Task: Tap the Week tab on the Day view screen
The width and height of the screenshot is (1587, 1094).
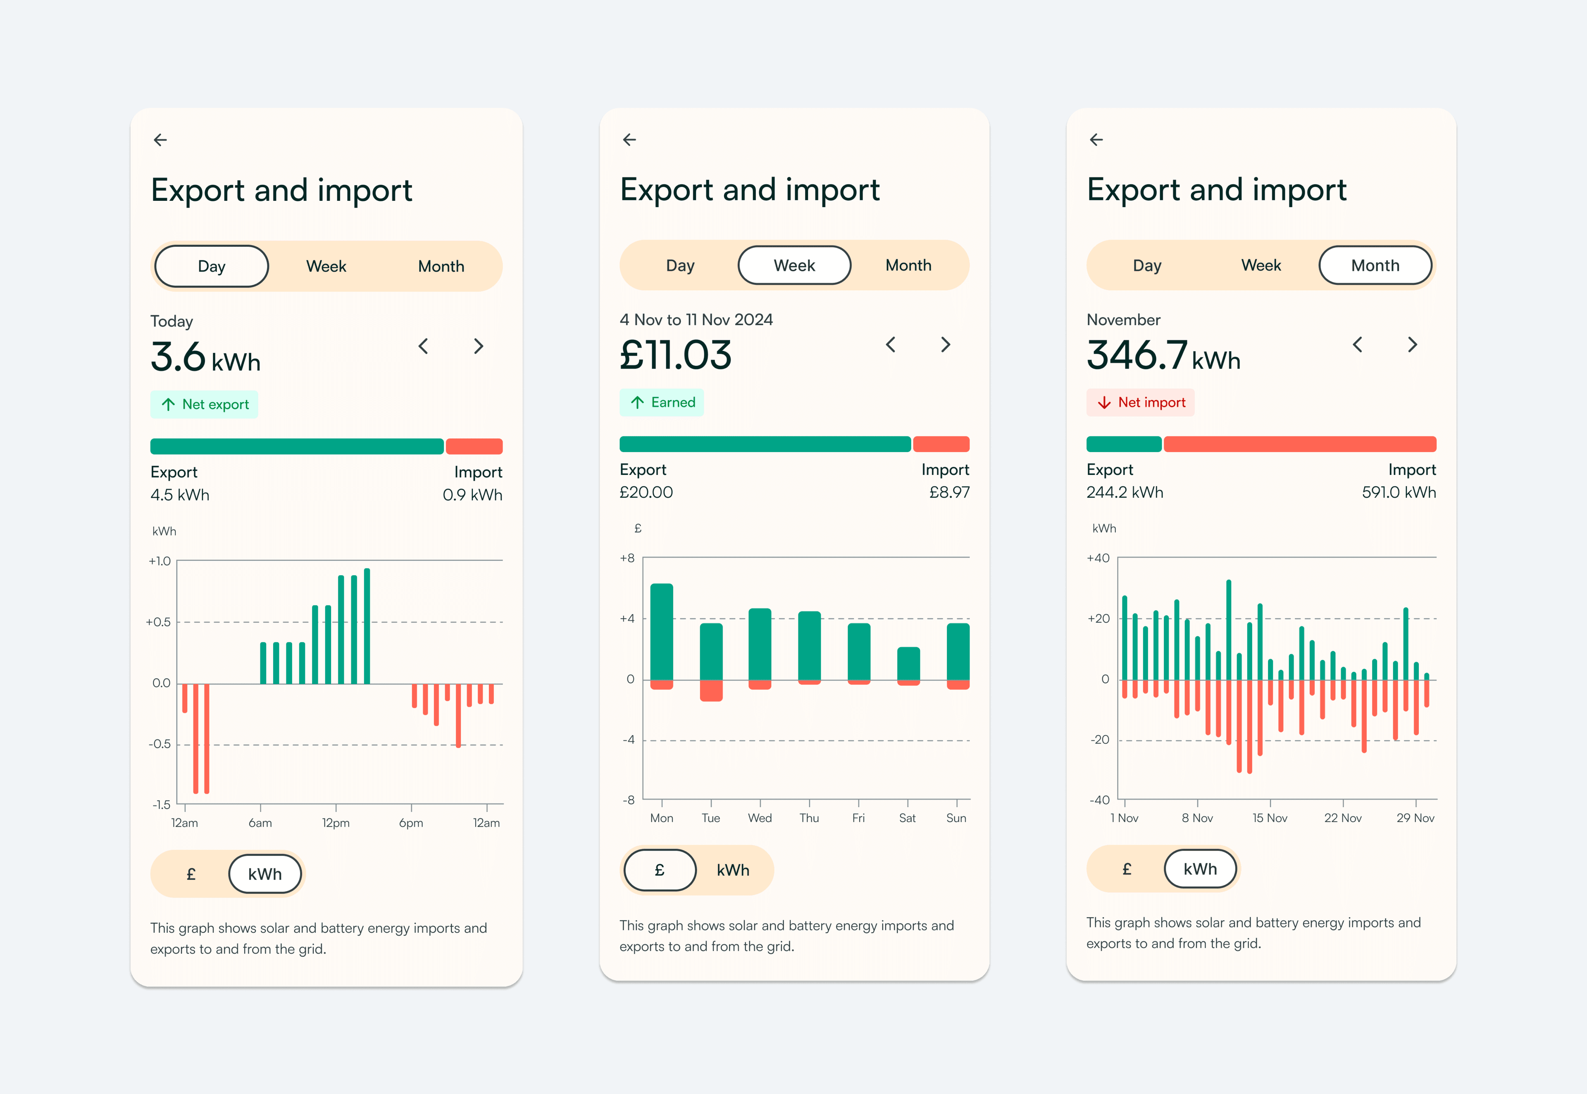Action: pyautogui.click(x=326, y=266)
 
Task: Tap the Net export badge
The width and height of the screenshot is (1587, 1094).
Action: pyautogui.click(x=204, y=405)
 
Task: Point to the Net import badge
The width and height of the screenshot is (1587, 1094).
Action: pyautogui.click(x=1140, y=403)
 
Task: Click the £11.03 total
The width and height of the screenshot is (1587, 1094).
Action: pyautogui.click(x=676, y=355)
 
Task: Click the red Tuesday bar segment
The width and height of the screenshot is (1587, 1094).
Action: pyautogui.click(x=711, y=690)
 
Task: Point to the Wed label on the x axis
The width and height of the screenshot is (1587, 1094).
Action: pyautogui.click(x=760, y=818)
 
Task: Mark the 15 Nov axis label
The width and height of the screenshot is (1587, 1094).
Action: pyautogui.click(x=1270, y=818)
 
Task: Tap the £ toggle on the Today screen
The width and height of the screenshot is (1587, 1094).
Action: pyautogui.click(x=191, y=874)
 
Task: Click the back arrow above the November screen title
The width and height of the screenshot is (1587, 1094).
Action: pyautogui.click(x=1096, y=140)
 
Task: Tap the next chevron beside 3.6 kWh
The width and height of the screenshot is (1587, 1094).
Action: pyautogui.click(x=479, y=346)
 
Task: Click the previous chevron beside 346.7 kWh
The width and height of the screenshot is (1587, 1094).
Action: pyautogui.click(x=1358, y=344)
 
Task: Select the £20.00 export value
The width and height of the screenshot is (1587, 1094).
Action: pyautogui.click(x=646, y=492)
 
